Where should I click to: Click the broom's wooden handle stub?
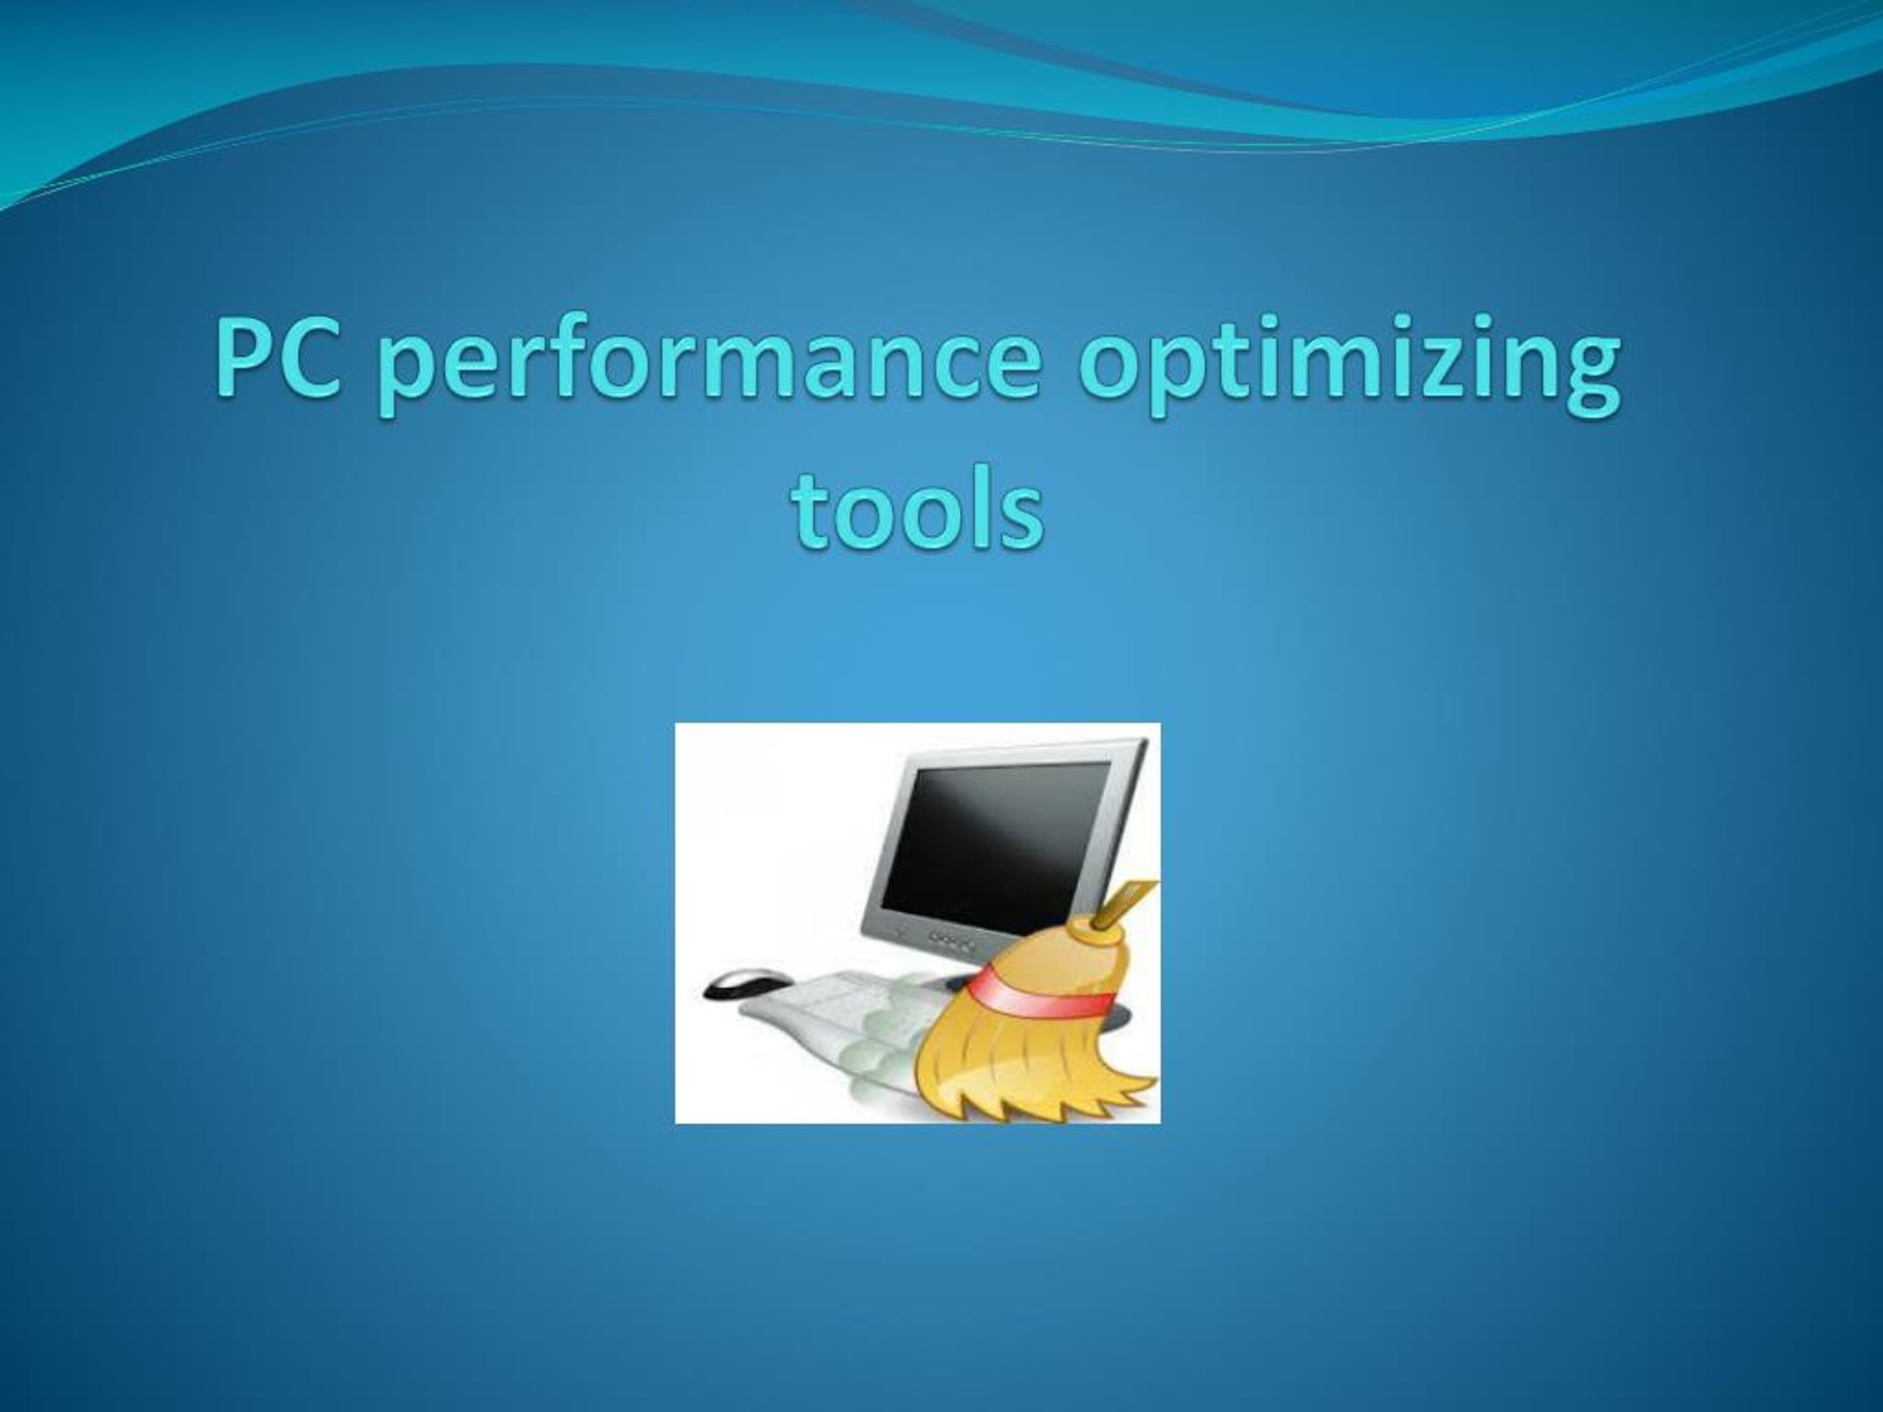[1119, 908]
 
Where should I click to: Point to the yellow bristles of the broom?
[1022, 1064]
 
